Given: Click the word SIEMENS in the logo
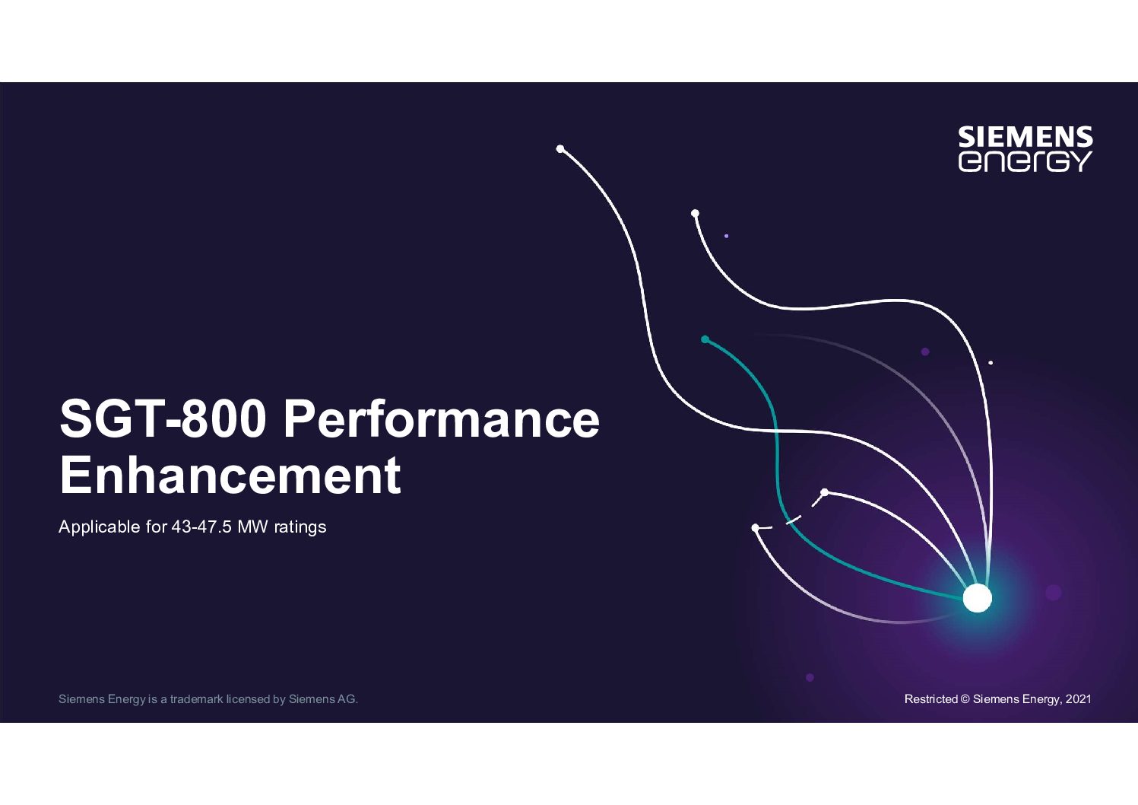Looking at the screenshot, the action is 1025,137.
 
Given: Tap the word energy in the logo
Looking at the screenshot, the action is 1025,161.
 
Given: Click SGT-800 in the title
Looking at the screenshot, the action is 163,419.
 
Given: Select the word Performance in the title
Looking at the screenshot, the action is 442,419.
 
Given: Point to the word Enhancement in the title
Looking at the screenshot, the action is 230,475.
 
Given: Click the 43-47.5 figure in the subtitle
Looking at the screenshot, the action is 201,527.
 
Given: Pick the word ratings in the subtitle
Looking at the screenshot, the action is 300,527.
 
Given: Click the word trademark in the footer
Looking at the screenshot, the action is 197,699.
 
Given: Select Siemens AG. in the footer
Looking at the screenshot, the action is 323,699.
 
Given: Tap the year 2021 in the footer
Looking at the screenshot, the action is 1078,699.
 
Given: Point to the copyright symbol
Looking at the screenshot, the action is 965,699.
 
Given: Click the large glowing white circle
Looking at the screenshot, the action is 977,598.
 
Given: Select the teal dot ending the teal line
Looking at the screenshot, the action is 705,339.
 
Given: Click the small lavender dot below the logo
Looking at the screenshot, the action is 726,236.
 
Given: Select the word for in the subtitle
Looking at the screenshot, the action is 157,527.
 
